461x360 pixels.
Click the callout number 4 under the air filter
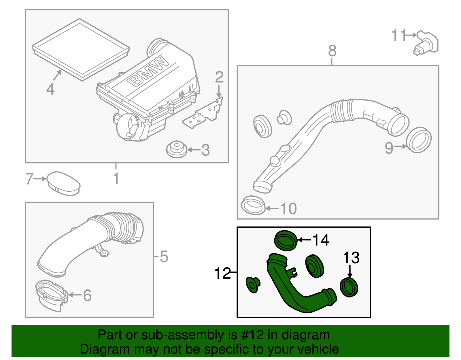coord(50,89)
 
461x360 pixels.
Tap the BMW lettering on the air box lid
coord(148,72)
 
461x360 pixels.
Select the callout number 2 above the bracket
coord(219,77)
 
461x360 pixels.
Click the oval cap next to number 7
coord(63,184)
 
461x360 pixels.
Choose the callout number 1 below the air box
coord(116,178)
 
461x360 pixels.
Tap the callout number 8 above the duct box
coord(332,51)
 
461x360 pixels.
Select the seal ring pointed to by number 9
coord(419,140)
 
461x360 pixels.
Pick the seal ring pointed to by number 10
coord(253,205)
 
